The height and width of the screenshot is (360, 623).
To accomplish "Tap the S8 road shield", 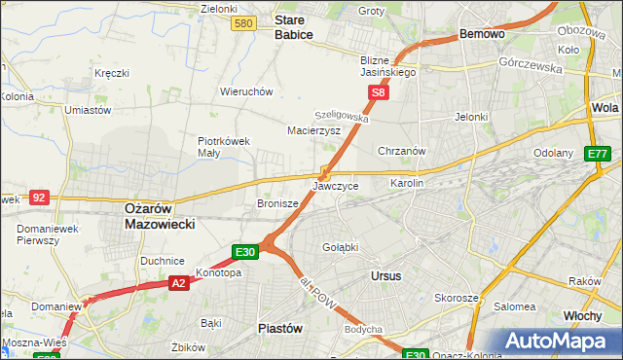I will click(380, 93).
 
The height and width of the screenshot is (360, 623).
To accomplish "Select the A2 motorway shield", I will click(178, 283).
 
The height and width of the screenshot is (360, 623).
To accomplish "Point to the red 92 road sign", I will click(39, 197).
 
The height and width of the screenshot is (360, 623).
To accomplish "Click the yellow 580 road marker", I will click(245, 23).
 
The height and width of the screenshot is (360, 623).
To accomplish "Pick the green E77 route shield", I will click(598, 154).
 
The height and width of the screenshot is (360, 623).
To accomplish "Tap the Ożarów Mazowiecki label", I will click(161, 215).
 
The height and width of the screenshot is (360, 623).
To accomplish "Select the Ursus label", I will click(386, 275).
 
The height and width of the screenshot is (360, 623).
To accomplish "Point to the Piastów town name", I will click(279, 328).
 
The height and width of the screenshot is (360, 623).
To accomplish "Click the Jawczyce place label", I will click(336, 186).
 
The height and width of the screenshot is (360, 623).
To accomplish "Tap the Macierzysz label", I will click(313, 129).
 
